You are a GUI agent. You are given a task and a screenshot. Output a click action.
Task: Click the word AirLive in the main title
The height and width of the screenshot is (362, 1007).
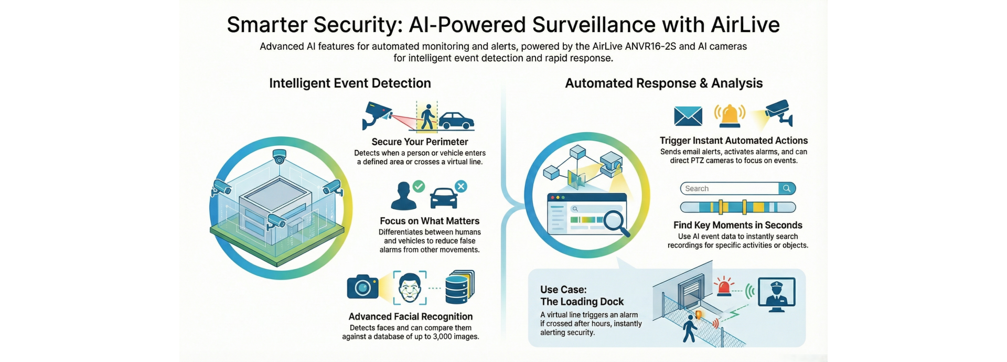point(745,25)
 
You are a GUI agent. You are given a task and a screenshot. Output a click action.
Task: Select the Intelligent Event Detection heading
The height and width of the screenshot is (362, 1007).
point(350,83)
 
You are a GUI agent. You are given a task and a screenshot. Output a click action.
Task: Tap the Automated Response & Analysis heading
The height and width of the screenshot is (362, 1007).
point(663,83)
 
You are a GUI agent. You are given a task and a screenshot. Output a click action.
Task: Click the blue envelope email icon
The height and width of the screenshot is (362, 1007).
point(688,116)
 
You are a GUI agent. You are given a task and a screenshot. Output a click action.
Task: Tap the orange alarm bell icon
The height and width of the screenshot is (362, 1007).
point(730,115)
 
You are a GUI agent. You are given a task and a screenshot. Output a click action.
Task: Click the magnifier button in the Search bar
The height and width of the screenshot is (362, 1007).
point(787,188)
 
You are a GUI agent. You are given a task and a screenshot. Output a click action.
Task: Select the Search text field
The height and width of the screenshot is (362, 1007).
point(729,188)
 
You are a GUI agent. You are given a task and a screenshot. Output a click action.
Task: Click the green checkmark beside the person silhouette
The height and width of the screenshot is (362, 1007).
point(419,186)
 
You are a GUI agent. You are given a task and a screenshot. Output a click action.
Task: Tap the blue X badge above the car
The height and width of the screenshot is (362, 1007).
point(460,186)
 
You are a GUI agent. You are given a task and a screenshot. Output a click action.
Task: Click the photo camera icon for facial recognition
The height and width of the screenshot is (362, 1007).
point(362,286)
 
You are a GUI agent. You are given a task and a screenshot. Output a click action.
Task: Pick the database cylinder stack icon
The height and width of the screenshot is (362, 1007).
point(459,288)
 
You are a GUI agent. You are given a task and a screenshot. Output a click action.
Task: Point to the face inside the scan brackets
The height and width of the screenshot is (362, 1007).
point(410,288)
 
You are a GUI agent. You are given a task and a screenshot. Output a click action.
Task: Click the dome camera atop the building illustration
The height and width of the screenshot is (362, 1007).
point(280,156)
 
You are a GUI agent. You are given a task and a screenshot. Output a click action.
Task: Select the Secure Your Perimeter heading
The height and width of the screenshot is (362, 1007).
point(420,142)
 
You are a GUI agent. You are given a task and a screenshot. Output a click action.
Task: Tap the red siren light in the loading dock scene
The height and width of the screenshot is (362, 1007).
point(724,286)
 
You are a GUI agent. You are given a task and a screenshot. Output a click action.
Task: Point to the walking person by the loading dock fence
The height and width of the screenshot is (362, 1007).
point(690,328)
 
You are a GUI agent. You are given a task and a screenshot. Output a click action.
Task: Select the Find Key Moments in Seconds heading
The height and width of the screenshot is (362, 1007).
point(737,225)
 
